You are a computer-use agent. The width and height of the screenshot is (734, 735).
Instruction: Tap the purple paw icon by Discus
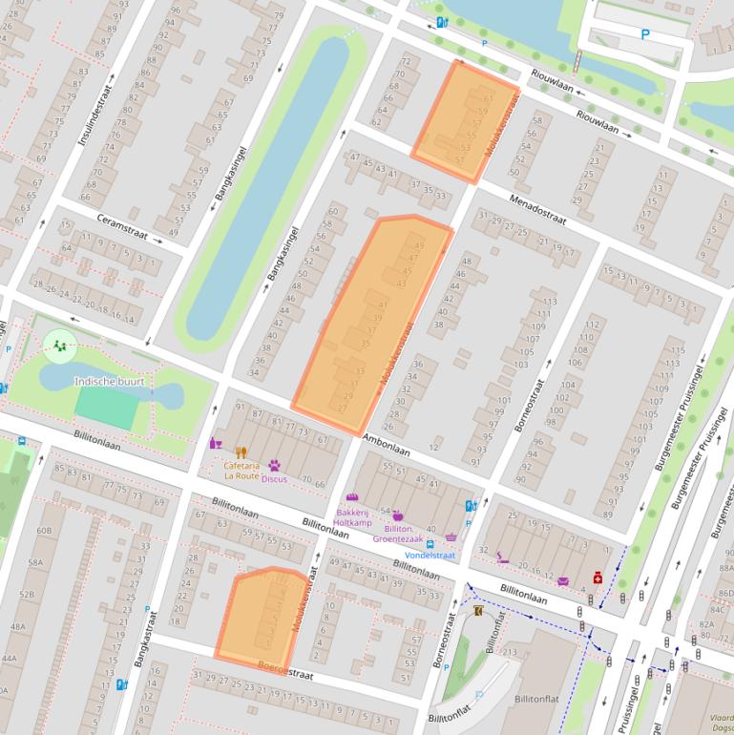pos(274,466)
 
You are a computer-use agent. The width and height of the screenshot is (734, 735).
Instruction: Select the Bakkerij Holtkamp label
pos(351,516)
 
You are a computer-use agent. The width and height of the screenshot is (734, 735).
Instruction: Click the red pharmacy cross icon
pos(598,577)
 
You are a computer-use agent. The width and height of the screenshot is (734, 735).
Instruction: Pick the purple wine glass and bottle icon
pos(216,443)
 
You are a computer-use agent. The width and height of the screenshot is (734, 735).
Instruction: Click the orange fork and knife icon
pos(241,452)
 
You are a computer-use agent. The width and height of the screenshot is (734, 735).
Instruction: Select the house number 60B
pos(44,531)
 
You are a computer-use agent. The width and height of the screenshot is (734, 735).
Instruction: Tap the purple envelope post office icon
pos(563,580)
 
